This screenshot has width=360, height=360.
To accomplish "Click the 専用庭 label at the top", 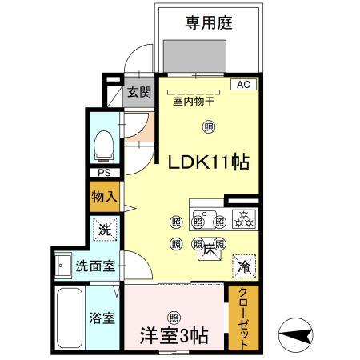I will click(x=210, y=23).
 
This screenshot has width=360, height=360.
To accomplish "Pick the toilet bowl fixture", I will click(x=102, y=146).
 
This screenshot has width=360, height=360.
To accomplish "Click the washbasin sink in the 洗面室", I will click(x=62, y=266).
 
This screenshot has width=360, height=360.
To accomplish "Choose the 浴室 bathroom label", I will click(x=102, y=318).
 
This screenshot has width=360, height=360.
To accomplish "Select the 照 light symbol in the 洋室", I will click(x=174, y=316).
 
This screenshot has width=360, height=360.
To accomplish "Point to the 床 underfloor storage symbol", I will click(x=205, y=249).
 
